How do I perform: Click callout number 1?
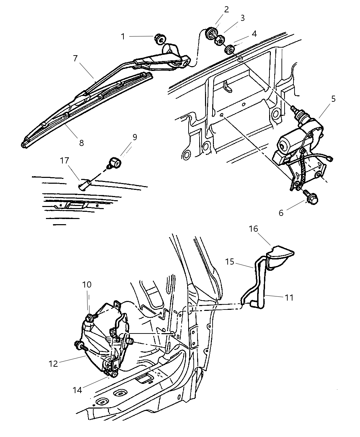123,36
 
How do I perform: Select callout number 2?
227,9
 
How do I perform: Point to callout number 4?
254,34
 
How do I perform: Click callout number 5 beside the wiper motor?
333,99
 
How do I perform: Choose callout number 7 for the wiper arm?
75,58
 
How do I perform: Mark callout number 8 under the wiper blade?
81,143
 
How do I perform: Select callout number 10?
87,284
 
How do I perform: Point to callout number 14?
77,390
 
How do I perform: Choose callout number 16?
253,229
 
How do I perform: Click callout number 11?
289,298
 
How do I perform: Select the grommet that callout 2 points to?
211,34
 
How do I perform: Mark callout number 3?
242,18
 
